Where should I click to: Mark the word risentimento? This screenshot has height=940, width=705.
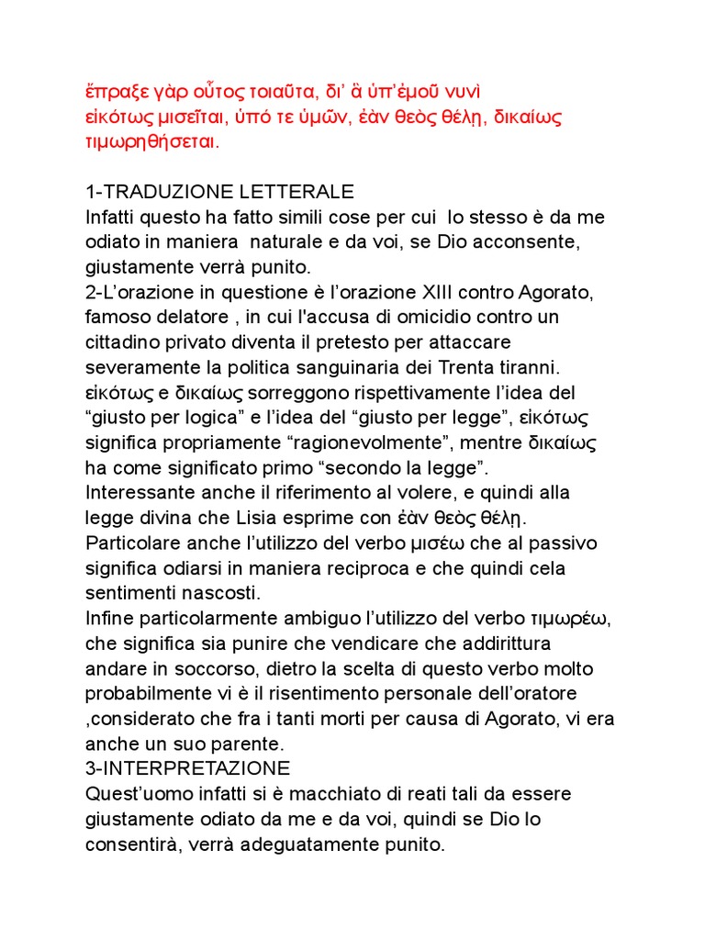pos(304,691)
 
